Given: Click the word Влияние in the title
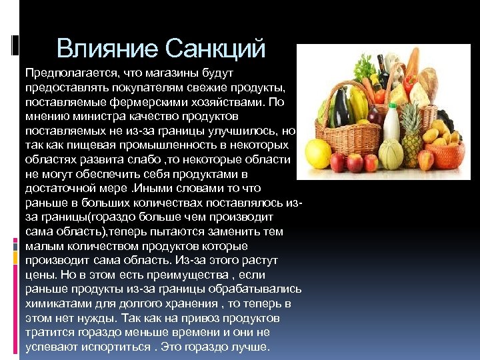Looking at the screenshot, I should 107,48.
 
